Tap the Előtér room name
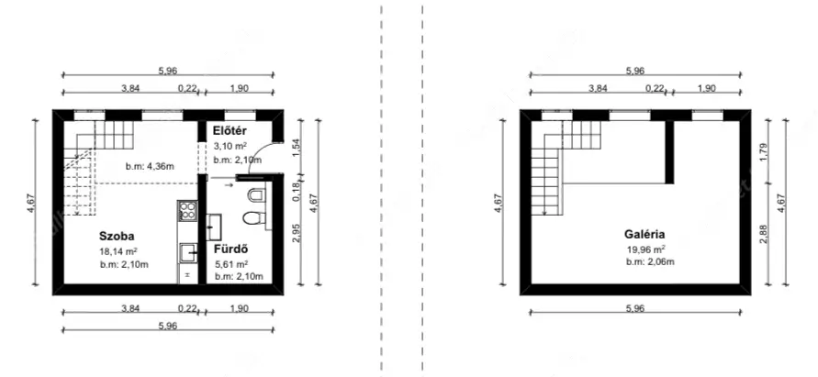(x=230, y=131)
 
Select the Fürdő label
(x=230, y=249)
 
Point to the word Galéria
(x=644, y=234)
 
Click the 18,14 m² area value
(x=118, y=250)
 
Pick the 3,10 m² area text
(x=230, y=146)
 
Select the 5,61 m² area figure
(x=231, y=264)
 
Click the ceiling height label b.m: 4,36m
(x=150, y=167)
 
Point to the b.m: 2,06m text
(x=651, y=261)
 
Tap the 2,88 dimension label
(x=764, y=234)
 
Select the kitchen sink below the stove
(x=188, y=253)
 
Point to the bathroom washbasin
(x=213, y=227)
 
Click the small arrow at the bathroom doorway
(x=229, y=184)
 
